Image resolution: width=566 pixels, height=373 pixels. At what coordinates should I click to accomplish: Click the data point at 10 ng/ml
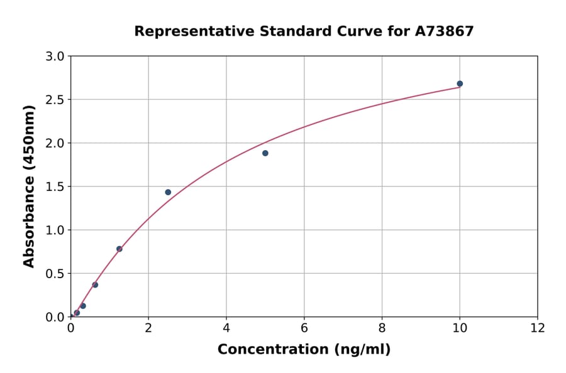[x=460, y=84]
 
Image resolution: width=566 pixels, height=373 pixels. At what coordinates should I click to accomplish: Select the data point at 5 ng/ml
[x=265, y=153]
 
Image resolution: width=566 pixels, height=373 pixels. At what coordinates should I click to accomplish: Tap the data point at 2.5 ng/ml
[x=168, y=192]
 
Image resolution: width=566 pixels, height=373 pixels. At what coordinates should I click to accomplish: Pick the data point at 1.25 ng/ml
[x=119, y=249]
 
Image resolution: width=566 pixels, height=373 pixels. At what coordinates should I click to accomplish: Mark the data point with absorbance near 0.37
[x=95, y=284]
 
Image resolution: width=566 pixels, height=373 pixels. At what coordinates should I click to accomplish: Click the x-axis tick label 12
[x=538, y=327]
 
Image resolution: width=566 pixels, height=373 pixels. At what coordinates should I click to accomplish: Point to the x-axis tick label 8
[x=382, y=327]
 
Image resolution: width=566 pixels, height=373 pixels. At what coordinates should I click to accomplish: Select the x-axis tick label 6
[x=304, y=327]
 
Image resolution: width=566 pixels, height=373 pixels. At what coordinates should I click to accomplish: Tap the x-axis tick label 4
[x=226, y=327]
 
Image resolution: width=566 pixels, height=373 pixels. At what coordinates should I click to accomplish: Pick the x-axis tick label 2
[x=148, y=327]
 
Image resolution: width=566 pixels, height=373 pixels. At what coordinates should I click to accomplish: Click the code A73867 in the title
[x=443, y=31]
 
